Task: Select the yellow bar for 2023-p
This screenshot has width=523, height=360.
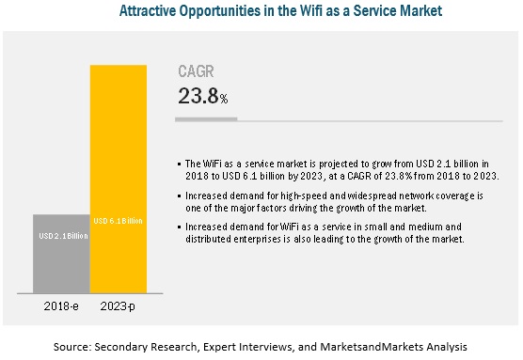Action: [x=119, y=179]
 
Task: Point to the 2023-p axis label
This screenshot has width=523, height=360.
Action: [x=119, y=306]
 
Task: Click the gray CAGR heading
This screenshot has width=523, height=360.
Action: [x=198, y=72]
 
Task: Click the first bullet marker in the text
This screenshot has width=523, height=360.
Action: [x=181, y=165]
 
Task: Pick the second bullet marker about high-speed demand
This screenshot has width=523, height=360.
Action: [x=181, y=194]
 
